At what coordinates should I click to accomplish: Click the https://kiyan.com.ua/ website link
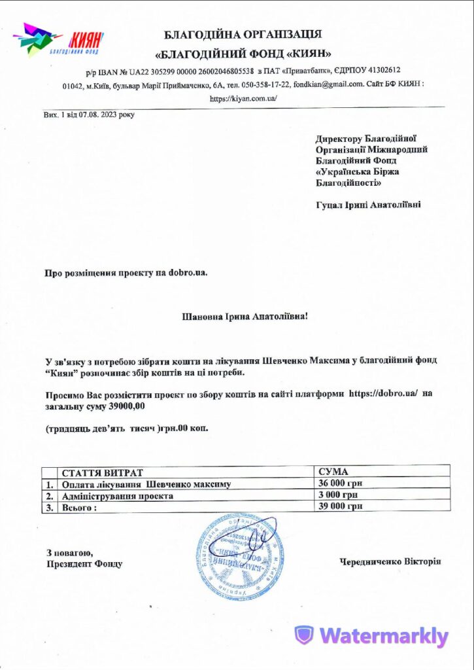243,98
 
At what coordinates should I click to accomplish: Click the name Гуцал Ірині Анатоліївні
368,205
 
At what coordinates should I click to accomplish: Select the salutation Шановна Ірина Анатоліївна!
243,317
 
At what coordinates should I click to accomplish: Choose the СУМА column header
333,472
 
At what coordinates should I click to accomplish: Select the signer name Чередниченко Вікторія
390,561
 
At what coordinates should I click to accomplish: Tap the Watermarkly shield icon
303,635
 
